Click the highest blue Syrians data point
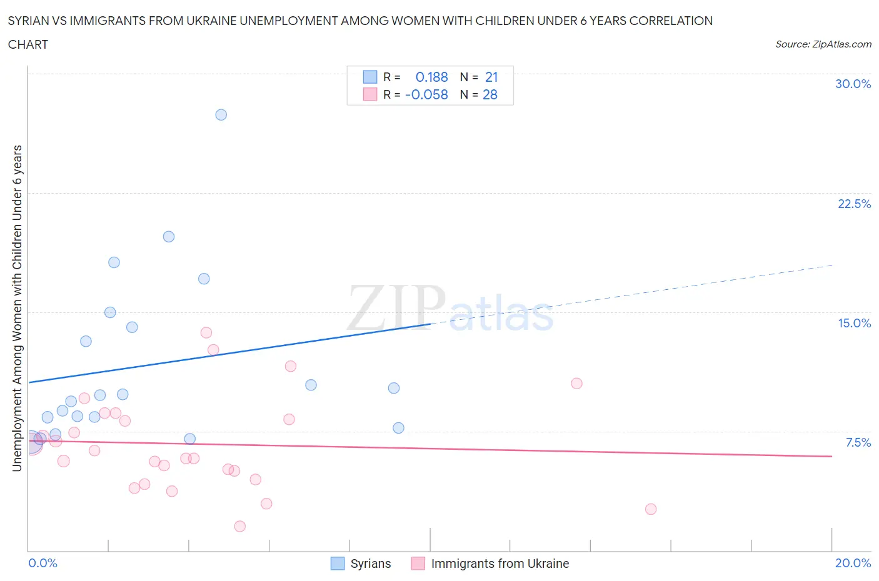(x=221, y=115)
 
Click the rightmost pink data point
(x=651, y=509)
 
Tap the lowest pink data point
(x=239, y=527)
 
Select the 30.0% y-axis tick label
(x=853, y=84)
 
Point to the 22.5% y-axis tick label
(x=854, y=204)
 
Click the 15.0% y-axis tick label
(x=854, y=323)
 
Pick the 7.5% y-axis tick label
(x=858, y=442)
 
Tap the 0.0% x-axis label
(x=43, y=563)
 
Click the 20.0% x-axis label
(x=853, y=563)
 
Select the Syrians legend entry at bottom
(x=370, y=564)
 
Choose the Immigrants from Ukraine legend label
(x=500, y=564)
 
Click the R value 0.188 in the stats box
(x=431, y=77)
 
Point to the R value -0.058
(x=426, y=94)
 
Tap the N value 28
(x=490, y=94)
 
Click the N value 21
(x=491, y=77)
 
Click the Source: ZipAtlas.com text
(x=823, y=44)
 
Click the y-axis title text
(x=18, y=308)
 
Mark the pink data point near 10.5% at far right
(x=576, y=384)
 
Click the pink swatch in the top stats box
(x=370, y=94)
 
